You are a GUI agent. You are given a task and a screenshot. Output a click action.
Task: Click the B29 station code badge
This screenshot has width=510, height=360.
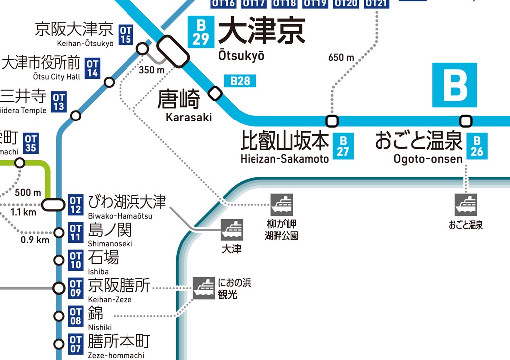click(201, 32)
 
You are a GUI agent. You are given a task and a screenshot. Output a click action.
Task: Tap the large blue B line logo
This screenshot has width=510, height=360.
click(454, 85)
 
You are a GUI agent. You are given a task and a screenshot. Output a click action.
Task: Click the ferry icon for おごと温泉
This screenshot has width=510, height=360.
click(466, 205)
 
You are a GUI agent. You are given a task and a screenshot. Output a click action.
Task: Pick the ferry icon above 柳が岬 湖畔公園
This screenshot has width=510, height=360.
click(282, 205)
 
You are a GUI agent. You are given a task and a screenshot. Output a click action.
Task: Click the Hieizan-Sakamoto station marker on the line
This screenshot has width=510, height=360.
click(332, 121)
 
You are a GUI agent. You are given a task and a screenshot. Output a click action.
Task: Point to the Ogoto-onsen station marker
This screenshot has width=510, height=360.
click(466, 121)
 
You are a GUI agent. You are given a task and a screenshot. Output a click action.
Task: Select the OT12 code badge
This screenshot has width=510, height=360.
click(75, 205)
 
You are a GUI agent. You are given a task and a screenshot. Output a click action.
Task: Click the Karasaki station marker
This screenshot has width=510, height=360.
click(215, 93)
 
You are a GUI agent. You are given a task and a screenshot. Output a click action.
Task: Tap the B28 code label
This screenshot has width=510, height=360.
click(240, 81)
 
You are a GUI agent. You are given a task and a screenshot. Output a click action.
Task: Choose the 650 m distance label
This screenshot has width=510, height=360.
click(341, 58)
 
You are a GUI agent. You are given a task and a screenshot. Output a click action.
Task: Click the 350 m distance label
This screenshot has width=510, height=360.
click(151, 70)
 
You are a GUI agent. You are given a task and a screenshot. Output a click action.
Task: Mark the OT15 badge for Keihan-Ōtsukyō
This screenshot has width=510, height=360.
click(126, 35)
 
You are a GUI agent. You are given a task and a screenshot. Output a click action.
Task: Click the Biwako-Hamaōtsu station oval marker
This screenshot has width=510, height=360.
click(53, 205)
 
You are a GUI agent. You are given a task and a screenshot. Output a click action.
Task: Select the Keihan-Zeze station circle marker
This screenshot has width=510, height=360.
click(59, 288)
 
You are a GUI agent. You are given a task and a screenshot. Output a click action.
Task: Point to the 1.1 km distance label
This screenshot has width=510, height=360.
click(23, 212)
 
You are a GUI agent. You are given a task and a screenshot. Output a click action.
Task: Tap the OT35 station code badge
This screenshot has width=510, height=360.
click(31, 143)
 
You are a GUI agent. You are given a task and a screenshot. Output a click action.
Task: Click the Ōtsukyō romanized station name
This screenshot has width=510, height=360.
click(242, 56)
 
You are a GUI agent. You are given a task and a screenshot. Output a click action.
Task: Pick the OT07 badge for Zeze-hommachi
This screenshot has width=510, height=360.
click(75, 344)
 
